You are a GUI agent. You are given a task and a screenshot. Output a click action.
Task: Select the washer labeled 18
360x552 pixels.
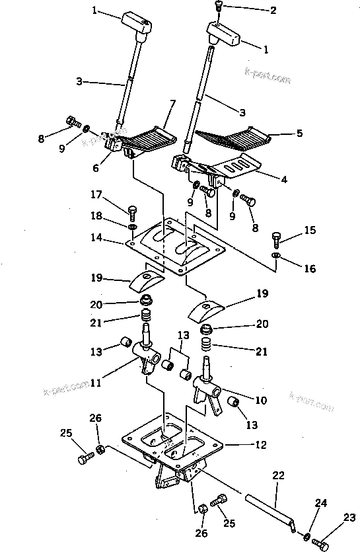click(133, 227)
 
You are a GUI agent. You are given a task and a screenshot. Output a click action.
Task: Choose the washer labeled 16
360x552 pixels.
click(276, 255)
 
